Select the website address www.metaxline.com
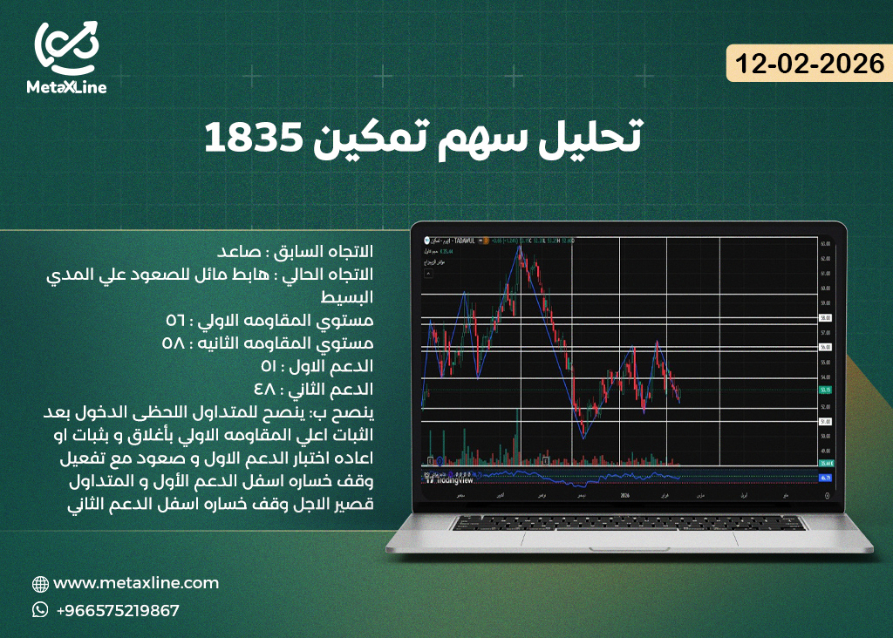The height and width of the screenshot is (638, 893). (x=136, y=583)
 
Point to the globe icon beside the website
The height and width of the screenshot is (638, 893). (x=40, y=584)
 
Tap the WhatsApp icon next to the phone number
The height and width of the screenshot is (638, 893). (x=40, y=610)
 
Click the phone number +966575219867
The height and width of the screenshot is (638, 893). (x=118, y=611)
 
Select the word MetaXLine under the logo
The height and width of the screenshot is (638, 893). (x=66, y=87)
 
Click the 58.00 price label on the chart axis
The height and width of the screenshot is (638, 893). (x=826, y=319)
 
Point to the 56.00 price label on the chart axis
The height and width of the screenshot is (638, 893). (x=826, y=347)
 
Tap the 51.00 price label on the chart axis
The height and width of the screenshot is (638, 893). (x=826, y=422)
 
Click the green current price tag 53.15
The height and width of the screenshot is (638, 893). (x=826, y=390)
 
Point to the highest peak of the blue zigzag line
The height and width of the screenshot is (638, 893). (x=520, y=247)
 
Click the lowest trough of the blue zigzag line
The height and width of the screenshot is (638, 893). (x=583, y=438)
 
